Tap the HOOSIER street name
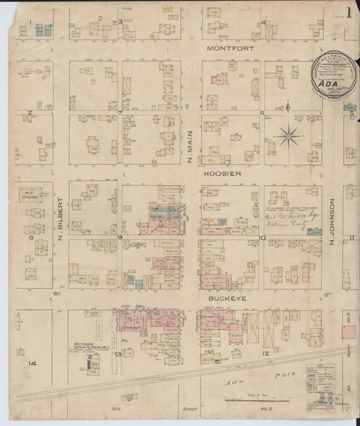226,173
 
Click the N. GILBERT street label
60,218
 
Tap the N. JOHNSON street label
332,218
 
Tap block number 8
30,237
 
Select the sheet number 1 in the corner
349,11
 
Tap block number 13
117,353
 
